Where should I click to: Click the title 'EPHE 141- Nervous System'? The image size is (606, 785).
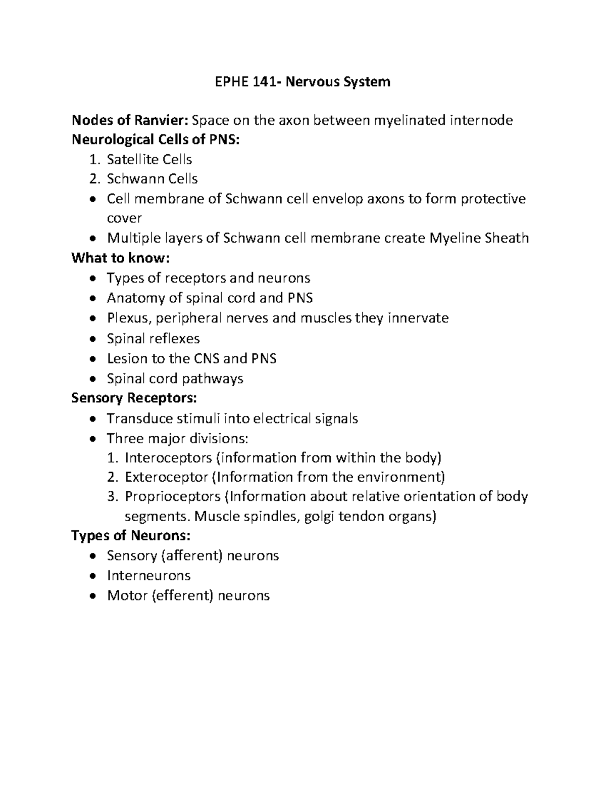(x=300, y=81)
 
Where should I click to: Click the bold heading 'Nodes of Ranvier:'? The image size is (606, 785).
(x=130, y=120)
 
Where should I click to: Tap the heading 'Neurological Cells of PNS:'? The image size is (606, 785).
(x=156, y=140)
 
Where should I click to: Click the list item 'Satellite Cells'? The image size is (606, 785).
(x=149, y=160)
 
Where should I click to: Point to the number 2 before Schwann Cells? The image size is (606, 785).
(x=92, y=179)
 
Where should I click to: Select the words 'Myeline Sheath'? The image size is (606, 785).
(x=478, y=238)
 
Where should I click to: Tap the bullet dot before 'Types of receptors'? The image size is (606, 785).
(x=91, y=279)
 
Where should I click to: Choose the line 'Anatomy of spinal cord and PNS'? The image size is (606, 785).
(x=210, y=298)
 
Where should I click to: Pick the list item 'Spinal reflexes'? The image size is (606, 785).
(x=154, y=339)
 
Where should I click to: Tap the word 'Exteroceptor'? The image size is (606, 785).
(x=167, y=477)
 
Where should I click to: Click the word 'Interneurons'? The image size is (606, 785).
(x=149, y=576)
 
